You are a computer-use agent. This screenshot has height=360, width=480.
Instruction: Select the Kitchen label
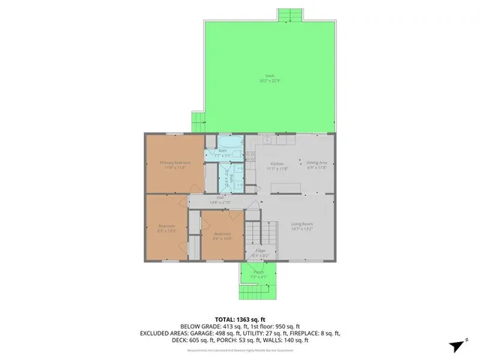pyautogui.click(x=276, y=163)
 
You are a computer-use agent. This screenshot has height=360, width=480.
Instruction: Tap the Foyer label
pyautogui.click(x=259, y=252)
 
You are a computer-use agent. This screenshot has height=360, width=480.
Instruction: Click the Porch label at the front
pyautogui.click(x=258, y=273)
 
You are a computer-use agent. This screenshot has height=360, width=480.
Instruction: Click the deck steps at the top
pyautogui.click(x=290, y=16)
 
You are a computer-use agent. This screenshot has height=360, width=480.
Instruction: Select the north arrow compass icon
pyautogui.click(x=456, y=346)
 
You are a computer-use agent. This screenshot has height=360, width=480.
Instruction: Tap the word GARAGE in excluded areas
pyautogui.click(x=197, y=333)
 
